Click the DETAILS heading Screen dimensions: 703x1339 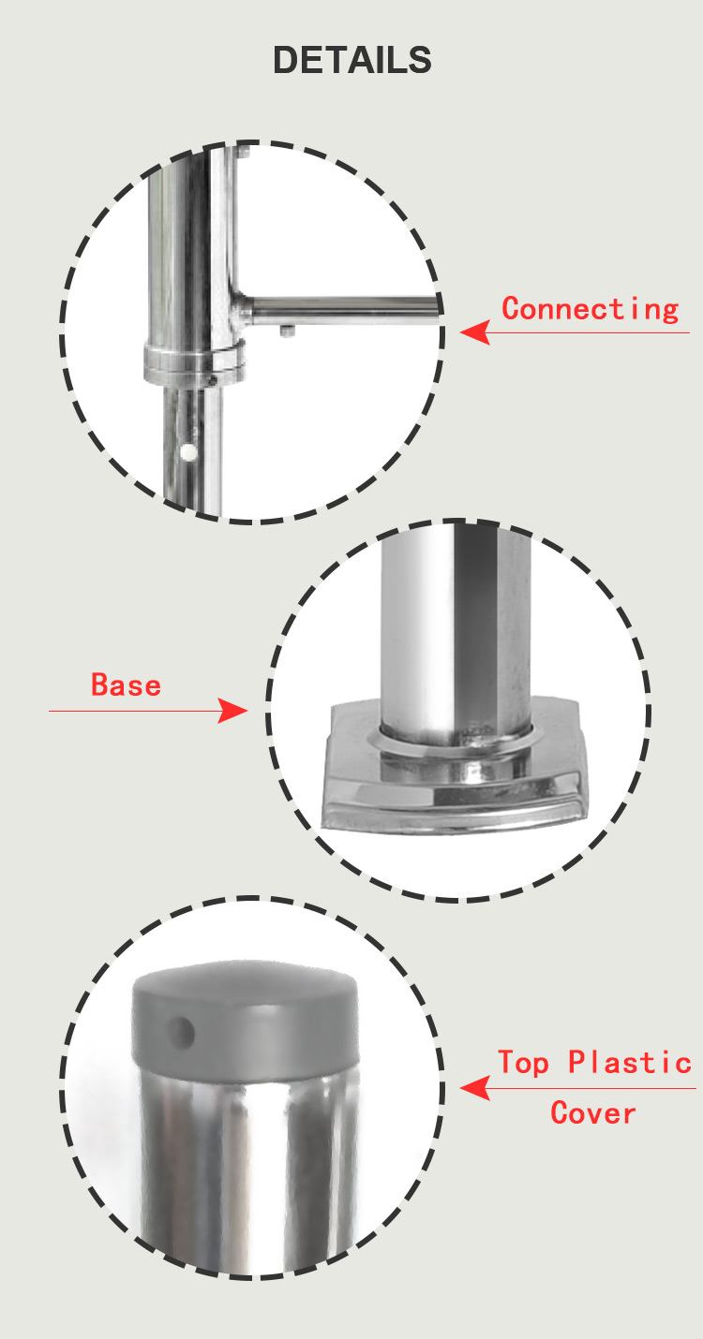click(351, 60)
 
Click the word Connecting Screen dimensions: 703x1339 click(590, 309)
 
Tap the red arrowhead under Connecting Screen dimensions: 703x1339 click(475, 332)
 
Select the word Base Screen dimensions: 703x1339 click(126, 684)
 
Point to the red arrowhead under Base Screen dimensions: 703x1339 click(232, 711)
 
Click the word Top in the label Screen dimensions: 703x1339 click(524, 1064)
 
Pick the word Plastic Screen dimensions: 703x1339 click(629, 1062)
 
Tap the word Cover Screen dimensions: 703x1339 click(593, 1113)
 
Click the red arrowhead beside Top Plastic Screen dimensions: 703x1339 click(475, 1088)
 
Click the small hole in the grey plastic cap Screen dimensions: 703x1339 click(181, 1033)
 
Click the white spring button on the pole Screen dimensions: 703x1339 click(188, 452)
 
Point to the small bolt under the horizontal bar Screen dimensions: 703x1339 click(288, 331)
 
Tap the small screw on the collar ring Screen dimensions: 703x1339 click(211, 379)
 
